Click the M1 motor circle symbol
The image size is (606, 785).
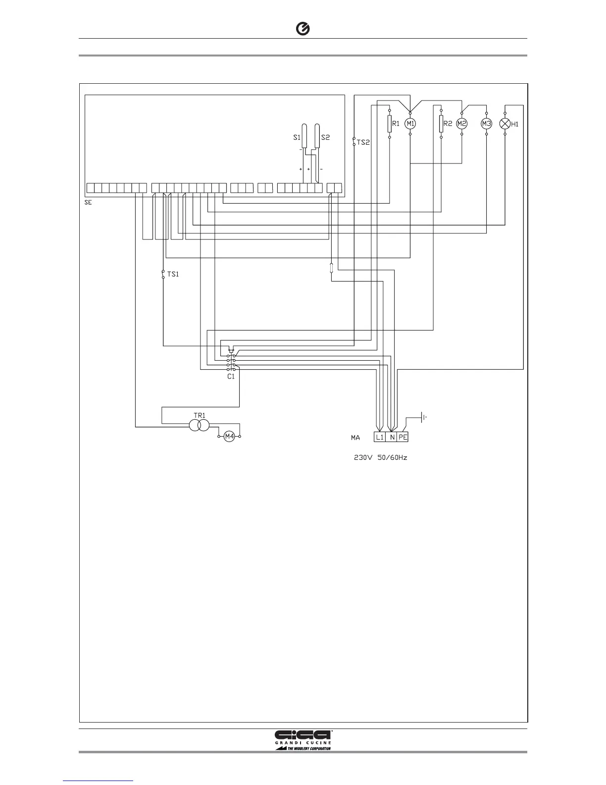click(410, 123)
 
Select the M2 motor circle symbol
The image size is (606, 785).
click(462, 123)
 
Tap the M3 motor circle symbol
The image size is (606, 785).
click(486, 123)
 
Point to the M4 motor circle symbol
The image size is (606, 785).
click(229, 437)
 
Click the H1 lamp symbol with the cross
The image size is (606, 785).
click(505, 123)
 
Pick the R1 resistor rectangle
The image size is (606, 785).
click(390, 123)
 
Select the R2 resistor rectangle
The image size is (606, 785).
click(441, 123)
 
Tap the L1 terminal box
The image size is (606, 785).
click(379, 437)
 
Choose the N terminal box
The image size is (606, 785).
click(392, 437)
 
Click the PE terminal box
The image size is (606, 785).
click(403, 437)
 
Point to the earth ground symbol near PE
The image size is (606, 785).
click(423, 418)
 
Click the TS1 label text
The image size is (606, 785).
click(173, 274)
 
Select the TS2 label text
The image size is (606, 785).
click(363, 142)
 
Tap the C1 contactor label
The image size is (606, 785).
click(231, 376)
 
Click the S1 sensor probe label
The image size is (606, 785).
click(297, 137)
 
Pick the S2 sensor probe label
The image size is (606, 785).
click(325, 137)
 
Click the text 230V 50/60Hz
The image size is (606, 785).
click(380, 458)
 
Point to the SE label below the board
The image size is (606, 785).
click(88, 202)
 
